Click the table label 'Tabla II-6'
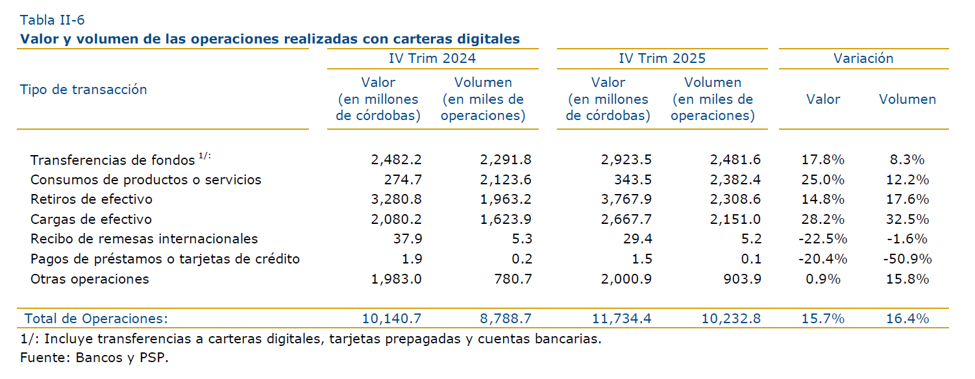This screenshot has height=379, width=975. click(x=53, y=19)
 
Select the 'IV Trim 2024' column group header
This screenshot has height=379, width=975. click(x=432, y=58)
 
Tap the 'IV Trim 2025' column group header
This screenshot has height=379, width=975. click(x=662, y=58)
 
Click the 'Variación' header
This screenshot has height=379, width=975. click(x=863, y=58)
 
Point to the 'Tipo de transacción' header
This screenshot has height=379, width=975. click(x=84, y=90)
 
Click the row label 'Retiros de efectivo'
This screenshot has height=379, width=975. click(x=92, y=199)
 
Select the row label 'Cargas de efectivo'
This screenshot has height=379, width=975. click(x=92, y=219)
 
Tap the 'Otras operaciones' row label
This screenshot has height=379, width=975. click(x=90, y=279)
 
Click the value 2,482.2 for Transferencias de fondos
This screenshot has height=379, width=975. click(x=396, y=160)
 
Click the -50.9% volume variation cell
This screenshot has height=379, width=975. click(x=907, y=259)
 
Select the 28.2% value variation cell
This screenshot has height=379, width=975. click(x=823, y=219)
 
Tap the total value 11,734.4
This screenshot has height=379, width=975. click(x=621, y=319)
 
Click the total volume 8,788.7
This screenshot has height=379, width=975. click(x=506, y=319)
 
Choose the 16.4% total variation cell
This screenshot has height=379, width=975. click(x=907, y=319)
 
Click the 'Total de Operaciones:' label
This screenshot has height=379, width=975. click(x=96, y=319)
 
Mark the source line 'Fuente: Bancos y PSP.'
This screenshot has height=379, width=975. click(x=94, y=358)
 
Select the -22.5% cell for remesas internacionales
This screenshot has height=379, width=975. click(x=823, y=239)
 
